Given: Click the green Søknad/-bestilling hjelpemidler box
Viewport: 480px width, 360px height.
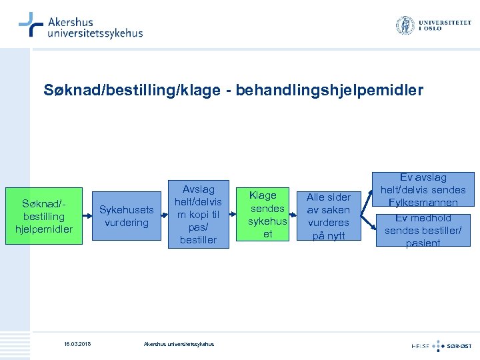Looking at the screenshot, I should pyautogui.click(x=43, y=216).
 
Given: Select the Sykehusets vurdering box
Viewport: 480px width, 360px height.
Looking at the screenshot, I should pyautogui.click(x=126, y=216).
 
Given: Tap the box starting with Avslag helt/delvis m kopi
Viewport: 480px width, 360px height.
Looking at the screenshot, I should pyautogui.click(x=198, y=214).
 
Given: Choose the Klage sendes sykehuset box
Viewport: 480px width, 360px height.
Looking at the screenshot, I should pyautogui.click(x=267, y=215).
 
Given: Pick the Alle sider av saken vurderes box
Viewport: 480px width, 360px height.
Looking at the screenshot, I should pyautogui.click(x=328, y=216).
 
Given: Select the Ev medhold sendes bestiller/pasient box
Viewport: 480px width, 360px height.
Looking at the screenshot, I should pyautogui.click(x=423, y=230).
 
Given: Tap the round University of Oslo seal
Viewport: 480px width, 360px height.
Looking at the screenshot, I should pyautogui.click(x=405, y=25).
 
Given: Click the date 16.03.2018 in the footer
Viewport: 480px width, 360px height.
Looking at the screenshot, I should pyautogui.click(x=77, y=344).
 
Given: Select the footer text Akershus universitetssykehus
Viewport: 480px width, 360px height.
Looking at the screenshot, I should pyautogui.click(x=179, y=344).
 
